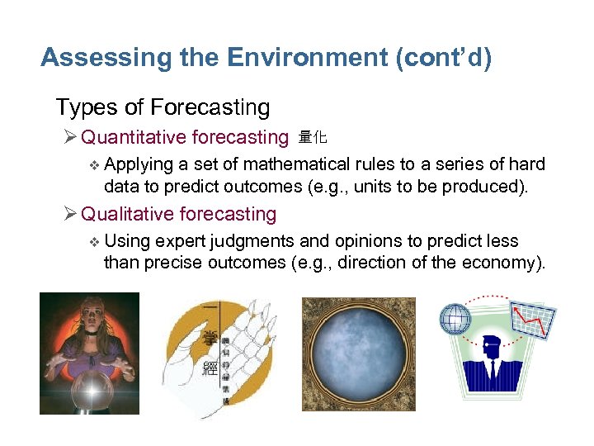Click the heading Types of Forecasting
pos(163,107)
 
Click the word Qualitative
pos(127,214)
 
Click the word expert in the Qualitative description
pos(179,241)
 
